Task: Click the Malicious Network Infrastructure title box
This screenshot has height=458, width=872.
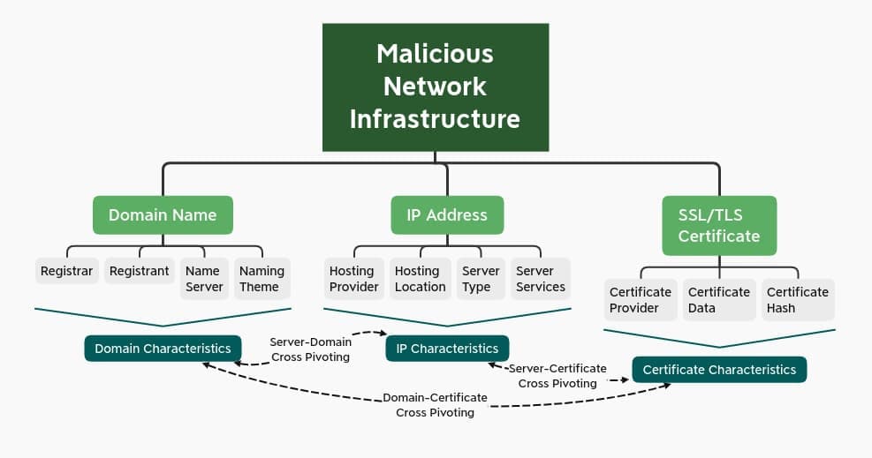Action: (435, 86)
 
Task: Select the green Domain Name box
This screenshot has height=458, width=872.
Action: (163, 214)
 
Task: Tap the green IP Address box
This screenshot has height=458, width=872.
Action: (447, 214)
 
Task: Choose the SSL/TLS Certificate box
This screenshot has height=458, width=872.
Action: (719, 225)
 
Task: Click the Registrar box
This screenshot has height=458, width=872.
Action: (66, 271)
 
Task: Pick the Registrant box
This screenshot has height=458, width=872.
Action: (139, 271)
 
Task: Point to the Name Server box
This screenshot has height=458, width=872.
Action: (203, 279)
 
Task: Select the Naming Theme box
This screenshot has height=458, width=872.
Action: (262, 279)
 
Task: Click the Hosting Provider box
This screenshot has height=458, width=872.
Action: (353, 279)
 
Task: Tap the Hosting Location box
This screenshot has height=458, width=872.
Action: (420, 279)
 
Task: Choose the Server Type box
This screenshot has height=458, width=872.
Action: (481, 279)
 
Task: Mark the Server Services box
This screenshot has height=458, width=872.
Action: (540, 279)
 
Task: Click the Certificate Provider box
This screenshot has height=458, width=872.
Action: (640, 300)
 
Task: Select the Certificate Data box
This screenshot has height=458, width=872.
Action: (718, 300)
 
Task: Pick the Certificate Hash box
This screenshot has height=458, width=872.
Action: (797, 300)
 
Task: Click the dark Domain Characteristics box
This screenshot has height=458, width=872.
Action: (163, 348)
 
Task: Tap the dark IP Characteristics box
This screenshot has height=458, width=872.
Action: (447, 348)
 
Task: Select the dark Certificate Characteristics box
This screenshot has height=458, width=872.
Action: (719, 370)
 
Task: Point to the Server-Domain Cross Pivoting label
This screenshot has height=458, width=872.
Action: (310, 349)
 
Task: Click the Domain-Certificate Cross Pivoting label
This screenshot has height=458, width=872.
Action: (435, 405)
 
